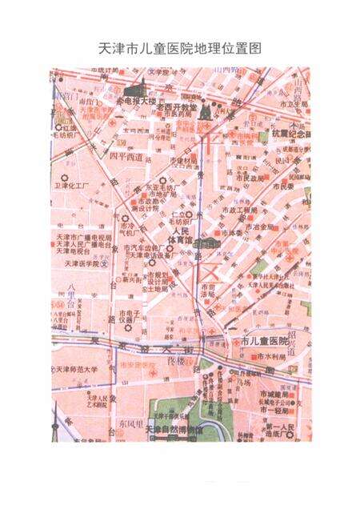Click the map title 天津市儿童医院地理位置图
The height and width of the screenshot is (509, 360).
click(x=179, y=48)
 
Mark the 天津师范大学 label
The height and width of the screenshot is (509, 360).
click(x=78, y=370)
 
